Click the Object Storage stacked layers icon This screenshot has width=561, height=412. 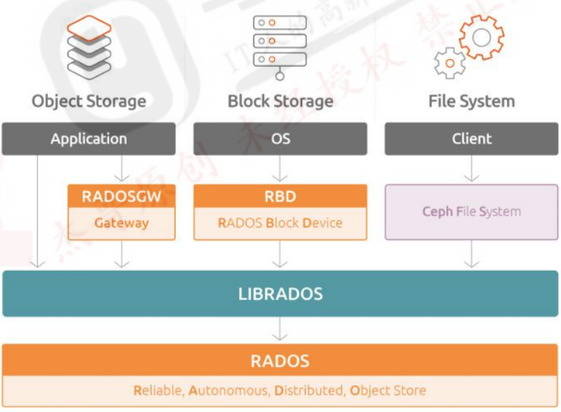(x=89, y=46)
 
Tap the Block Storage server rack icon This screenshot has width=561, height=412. (x=280, y=46)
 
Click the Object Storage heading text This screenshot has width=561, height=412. (x=89, y=101)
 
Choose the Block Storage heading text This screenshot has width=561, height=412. (x=280, y=101)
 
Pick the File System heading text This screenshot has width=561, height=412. (x=471, y=101)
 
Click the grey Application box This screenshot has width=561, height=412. (x=89, y=139)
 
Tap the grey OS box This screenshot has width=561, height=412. (x=280, y=139)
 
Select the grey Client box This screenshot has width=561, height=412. (x=471, y=139)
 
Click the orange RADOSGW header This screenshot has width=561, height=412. (x=122, y=196)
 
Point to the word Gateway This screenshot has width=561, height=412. (x=122, y=223)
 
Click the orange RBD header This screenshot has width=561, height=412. (x=280, y=196)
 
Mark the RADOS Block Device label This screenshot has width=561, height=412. (x=280, y=223)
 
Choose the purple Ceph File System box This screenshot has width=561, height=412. (x=471, y=212)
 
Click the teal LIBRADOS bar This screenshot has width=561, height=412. (x=280, y=294)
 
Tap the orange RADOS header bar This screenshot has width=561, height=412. (x=280, y=361)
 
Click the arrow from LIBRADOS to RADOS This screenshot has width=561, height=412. (x=280, y=330)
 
